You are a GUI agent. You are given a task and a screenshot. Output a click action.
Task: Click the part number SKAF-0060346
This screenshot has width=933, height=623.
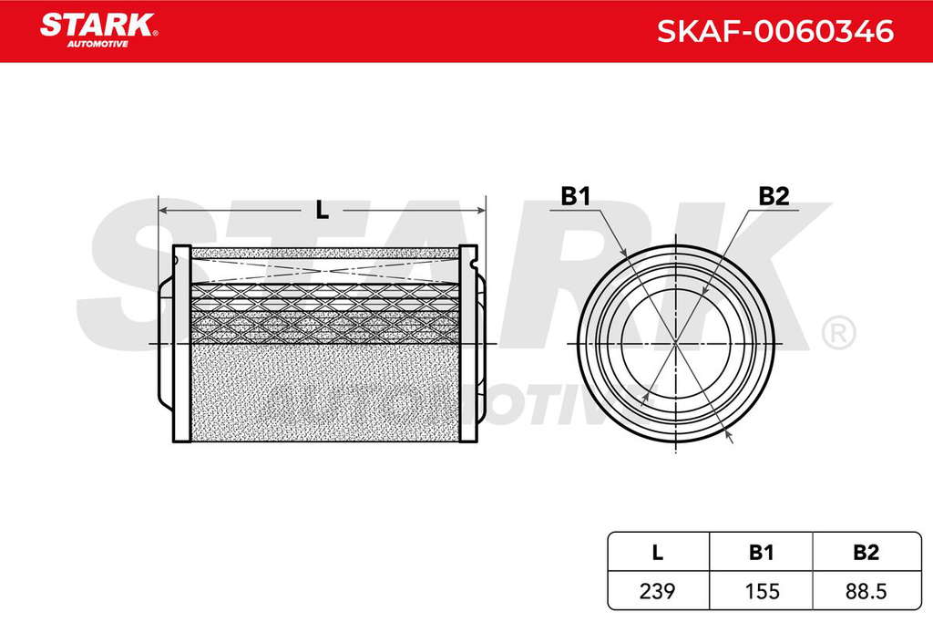[775, 31]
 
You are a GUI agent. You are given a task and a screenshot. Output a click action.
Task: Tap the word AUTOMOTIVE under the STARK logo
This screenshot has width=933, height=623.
[97, 44]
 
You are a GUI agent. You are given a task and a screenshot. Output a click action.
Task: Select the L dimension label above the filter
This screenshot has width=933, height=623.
[322, 210]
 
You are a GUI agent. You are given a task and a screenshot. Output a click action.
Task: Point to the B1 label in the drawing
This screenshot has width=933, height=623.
[575, 196]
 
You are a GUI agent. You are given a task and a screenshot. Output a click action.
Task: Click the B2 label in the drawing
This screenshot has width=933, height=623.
[774, 196]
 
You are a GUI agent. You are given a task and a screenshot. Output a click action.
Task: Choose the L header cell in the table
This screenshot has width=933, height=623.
[658, 552]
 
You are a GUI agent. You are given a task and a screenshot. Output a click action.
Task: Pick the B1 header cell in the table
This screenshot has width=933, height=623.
[761, 552]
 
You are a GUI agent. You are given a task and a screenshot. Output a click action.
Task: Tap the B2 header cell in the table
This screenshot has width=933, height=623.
[866, 552]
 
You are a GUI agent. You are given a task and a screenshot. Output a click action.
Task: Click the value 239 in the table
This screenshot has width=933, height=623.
[658, 591]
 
